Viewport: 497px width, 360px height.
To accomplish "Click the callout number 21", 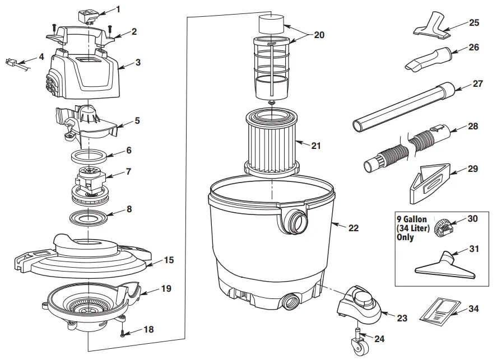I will pyautogui.click(x=316, y=146).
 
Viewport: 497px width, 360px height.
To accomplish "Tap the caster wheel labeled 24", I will pyautogui.click(x=356, y=347).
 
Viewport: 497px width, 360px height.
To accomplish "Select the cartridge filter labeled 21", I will pyautogui.click(x=271, y=140).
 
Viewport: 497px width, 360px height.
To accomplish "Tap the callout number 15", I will pyautogui.click(x=168, y=260).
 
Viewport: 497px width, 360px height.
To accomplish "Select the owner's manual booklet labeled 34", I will pyautogui.click(x=439, y=311).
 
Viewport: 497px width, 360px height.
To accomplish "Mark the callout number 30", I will pyautogui.click(x=473, y=219).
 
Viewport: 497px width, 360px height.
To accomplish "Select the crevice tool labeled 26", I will pyautogui.click(x=427, y=59).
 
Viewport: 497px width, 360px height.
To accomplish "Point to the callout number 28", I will pyautogui.click(x=473, y=127).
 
